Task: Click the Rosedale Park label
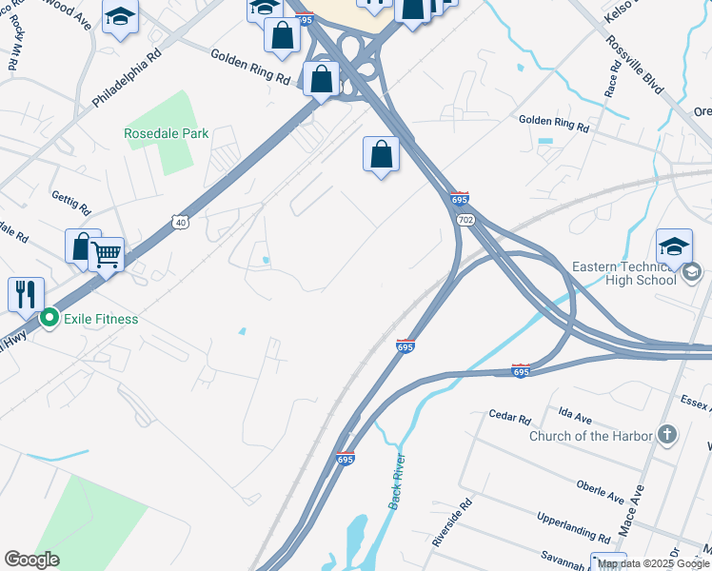(x=166, y=133)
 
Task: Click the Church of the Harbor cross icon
(x=668, y=435)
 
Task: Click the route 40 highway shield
(x=180, y=223)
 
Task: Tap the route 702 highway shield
(x=465, y=220)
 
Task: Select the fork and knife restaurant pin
(x=25, y=293)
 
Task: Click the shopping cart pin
(x=107, y=254)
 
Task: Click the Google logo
(x=31, y=560)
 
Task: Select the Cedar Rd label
(x=508, y=417)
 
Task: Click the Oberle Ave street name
(x=600, y=492)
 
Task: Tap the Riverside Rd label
(x=451, y=524)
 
